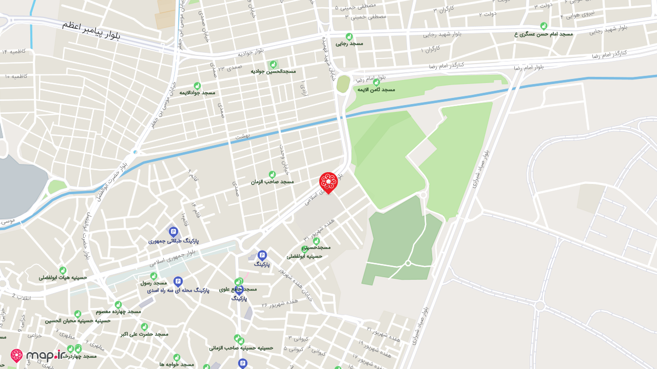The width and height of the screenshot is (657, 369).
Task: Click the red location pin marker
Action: coord(328,182)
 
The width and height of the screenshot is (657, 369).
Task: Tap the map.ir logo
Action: coord(38,356)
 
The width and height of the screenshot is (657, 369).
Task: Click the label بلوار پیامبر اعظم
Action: coord(91,30)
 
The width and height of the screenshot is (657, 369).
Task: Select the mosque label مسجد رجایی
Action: coord(350,44)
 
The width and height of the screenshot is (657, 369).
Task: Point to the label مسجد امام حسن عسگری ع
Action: coord(544,34)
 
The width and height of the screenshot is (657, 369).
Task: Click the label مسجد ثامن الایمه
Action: coord(376,89)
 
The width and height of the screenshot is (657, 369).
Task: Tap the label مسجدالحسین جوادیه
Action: coord(273,71)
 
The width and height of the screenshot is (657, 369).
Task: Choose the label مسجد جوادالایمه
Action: coord(197,92)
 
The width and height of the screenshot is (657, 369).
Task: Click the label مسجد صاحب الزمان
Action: coord(272,181)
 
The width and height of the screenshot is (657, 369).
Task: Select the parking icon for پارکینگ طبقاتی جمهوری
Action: coord(173,232)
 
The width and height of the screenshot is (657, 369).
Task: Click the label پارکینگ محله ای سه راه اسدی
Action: coord(179,290)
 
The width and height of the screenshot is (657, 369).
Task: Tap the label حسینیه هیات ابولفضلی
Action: coord(63,277)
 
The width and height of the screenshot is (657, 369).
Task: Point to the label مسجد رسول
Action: coord(153,282)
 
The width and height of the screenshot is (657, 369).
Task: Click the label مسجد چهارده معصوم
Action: coord(118,311)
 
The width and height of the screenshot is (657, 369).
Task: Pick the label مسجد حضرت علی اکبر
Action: coord(144,334)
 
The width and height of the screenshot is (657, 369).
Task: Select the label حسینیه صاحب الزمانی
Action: coord(241,347)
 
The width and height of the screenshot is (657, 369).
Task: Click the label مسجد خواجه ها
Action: coord(176,364)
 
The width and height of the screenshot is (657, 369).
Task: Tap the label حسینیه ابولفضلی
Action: coord(304,256)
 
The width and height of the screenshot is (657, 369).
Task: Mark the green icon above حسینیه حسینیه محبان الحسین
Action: coord(78,314)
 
